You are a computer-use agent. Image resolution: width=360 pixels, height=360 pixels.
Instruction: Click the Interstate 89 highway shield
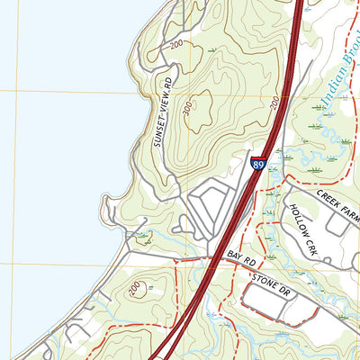[x=258, y=165]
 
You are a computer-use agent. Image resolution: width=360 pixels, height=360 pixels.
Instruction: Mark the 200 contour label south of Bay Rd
[x=134, y=288]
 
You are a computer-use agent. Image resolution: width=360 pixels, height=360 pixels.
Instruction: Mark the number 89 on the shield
[x=258, y=166]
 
